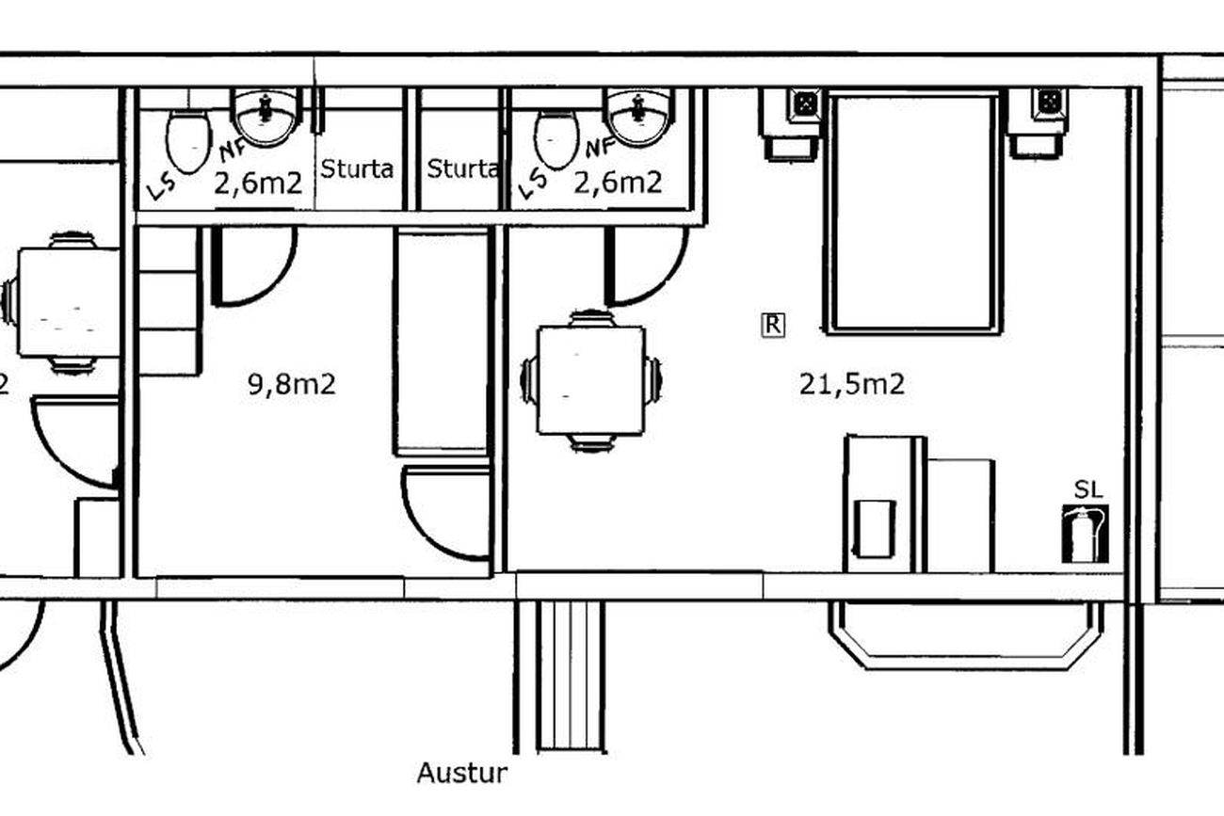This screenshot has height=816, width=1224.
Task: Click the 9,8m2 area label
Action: click(292, 385)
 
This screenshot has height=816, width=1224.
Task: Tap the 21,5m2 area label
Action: click(852, 384)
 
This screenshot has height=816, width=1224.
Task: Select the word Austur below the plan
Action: click(462, 774)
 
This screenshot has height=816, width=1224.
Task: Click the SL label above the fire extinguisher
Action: click(1087, 490)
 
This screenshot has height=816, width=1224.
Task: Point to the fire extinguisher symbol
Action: click(1086, 534)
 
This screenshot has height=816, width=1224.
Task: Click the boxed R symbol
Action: click(773, 325)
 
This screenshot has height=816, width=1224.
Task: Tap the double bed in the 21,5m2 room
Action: click(913, 213)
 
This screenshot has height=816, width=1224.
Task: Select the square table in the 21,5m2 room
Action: click(591, 380)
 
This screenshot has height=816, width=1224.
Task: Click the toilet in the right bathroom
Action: click(556, 138)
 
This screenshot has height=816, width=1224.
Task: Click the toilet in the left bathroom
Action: click(188, 142)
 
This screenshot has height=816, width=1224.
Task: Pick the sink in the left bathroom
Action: click(266, 117)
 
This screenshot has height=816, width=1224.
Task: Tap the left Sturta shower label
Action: click(356, 169)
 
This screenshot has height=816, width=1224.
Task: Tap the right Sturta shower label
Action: click(462, 169)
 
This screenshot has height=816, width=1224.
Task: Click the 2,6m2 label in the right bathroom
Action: click(618, 183)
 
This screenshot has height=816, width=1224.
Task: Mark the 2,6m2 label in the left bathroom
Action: click(258, 184)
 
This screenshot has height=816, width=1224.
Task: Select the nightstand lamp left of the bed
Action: click(805, 104)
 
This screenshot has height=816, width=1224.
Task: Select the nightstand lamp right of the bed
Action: click(1049, 103)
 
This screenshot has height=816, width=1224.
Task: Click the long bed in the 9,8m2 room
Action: click(441, 342)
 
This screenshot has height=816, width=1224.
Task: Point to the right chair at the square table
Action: click(653, 380)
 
